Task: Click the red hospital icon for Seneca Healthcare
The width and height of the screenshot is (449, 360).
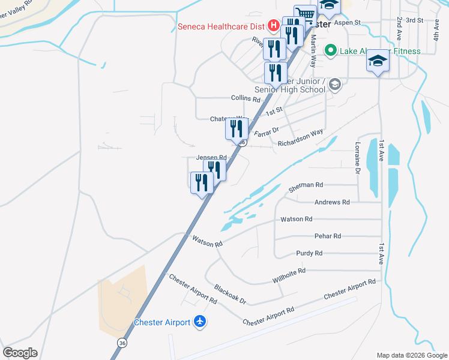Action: (x=273, y=26)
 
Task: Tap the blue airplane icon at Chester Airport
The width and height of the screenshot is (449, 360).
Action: (x=200, y=322)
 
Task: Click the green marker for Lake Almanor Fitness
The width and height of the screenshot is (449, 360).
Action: (x=330, y=51)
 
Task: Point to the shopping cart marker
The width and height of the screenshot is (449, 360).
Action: (x=305, y=14)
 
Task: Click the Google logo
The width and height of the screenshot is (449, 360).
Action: (x=20, y=353)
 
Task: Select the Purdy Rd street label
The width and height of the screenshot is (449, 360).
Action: (x=309, y=253)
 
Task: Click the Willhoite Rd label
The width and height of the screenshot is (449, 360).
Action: (x=289, y=275)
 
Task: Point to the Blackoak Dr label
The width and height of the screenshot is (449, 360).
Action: (x=231, y=294)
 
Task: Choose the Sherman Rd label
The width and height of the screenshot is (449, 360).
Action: (x=306, y=187)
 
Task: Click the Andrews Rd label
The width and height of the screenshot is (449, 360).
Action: (x=332, y=203)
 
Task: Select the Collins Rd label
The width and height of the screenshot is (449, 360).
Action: (x=246, y=98)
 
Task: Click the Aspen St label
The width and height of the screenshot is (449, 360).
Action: (x=347, y=23)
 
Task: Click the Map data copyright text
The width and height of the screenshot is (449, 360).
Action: (x=412, y=355)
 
